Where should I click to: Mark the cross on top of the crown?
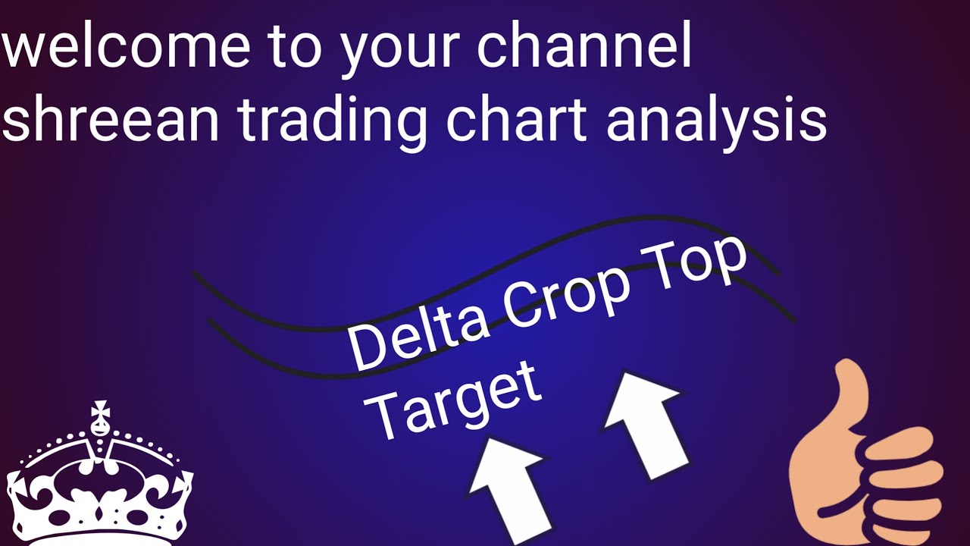[99, 414]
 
